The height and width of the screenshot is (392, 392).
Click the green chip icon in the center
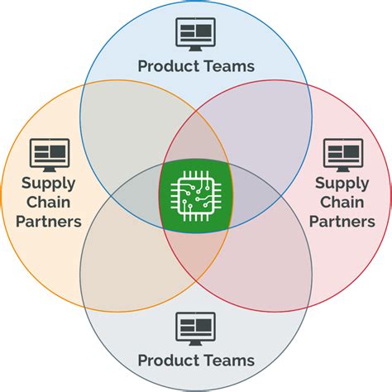pos(195,195)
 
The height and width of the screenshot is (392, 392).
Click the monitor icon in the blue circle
pos(196,34)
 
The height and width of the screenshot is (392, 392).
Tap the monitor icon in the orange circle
pos(50,155)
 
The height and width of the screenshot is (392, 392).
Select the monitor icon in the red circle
pos(342,154)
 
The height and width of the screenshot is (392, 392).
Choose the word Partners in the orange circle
pos(50,222)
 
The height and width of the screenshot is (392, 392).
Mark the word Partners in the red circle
pos(344,222)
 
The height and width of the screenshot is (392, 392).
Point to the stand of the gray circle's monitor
pos(196,342)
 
